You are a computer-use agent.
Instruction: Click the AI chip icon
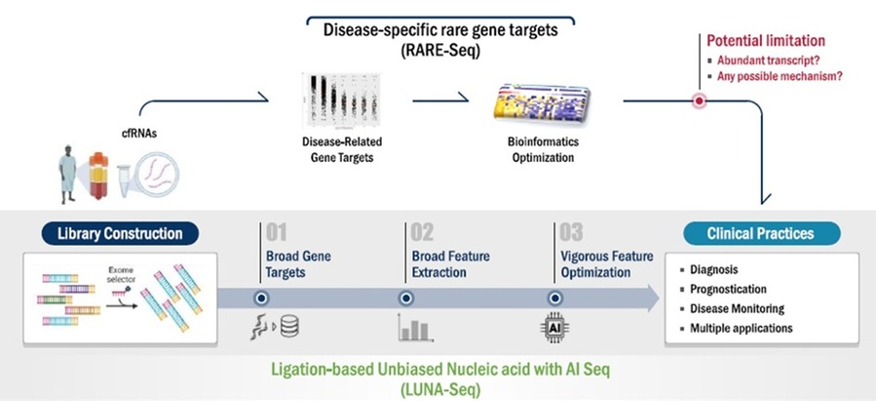pyautogui.click(x=552, y=329)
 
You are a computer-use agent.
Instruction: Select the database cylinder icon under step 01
pyautogui.click(x=289, y=329)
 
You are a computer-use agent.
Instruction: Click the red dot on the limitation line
pyautogui.click(x=699, y=100)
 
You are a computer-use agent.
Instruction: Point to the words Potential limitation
pyautogui.click(x=765, y=41)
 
